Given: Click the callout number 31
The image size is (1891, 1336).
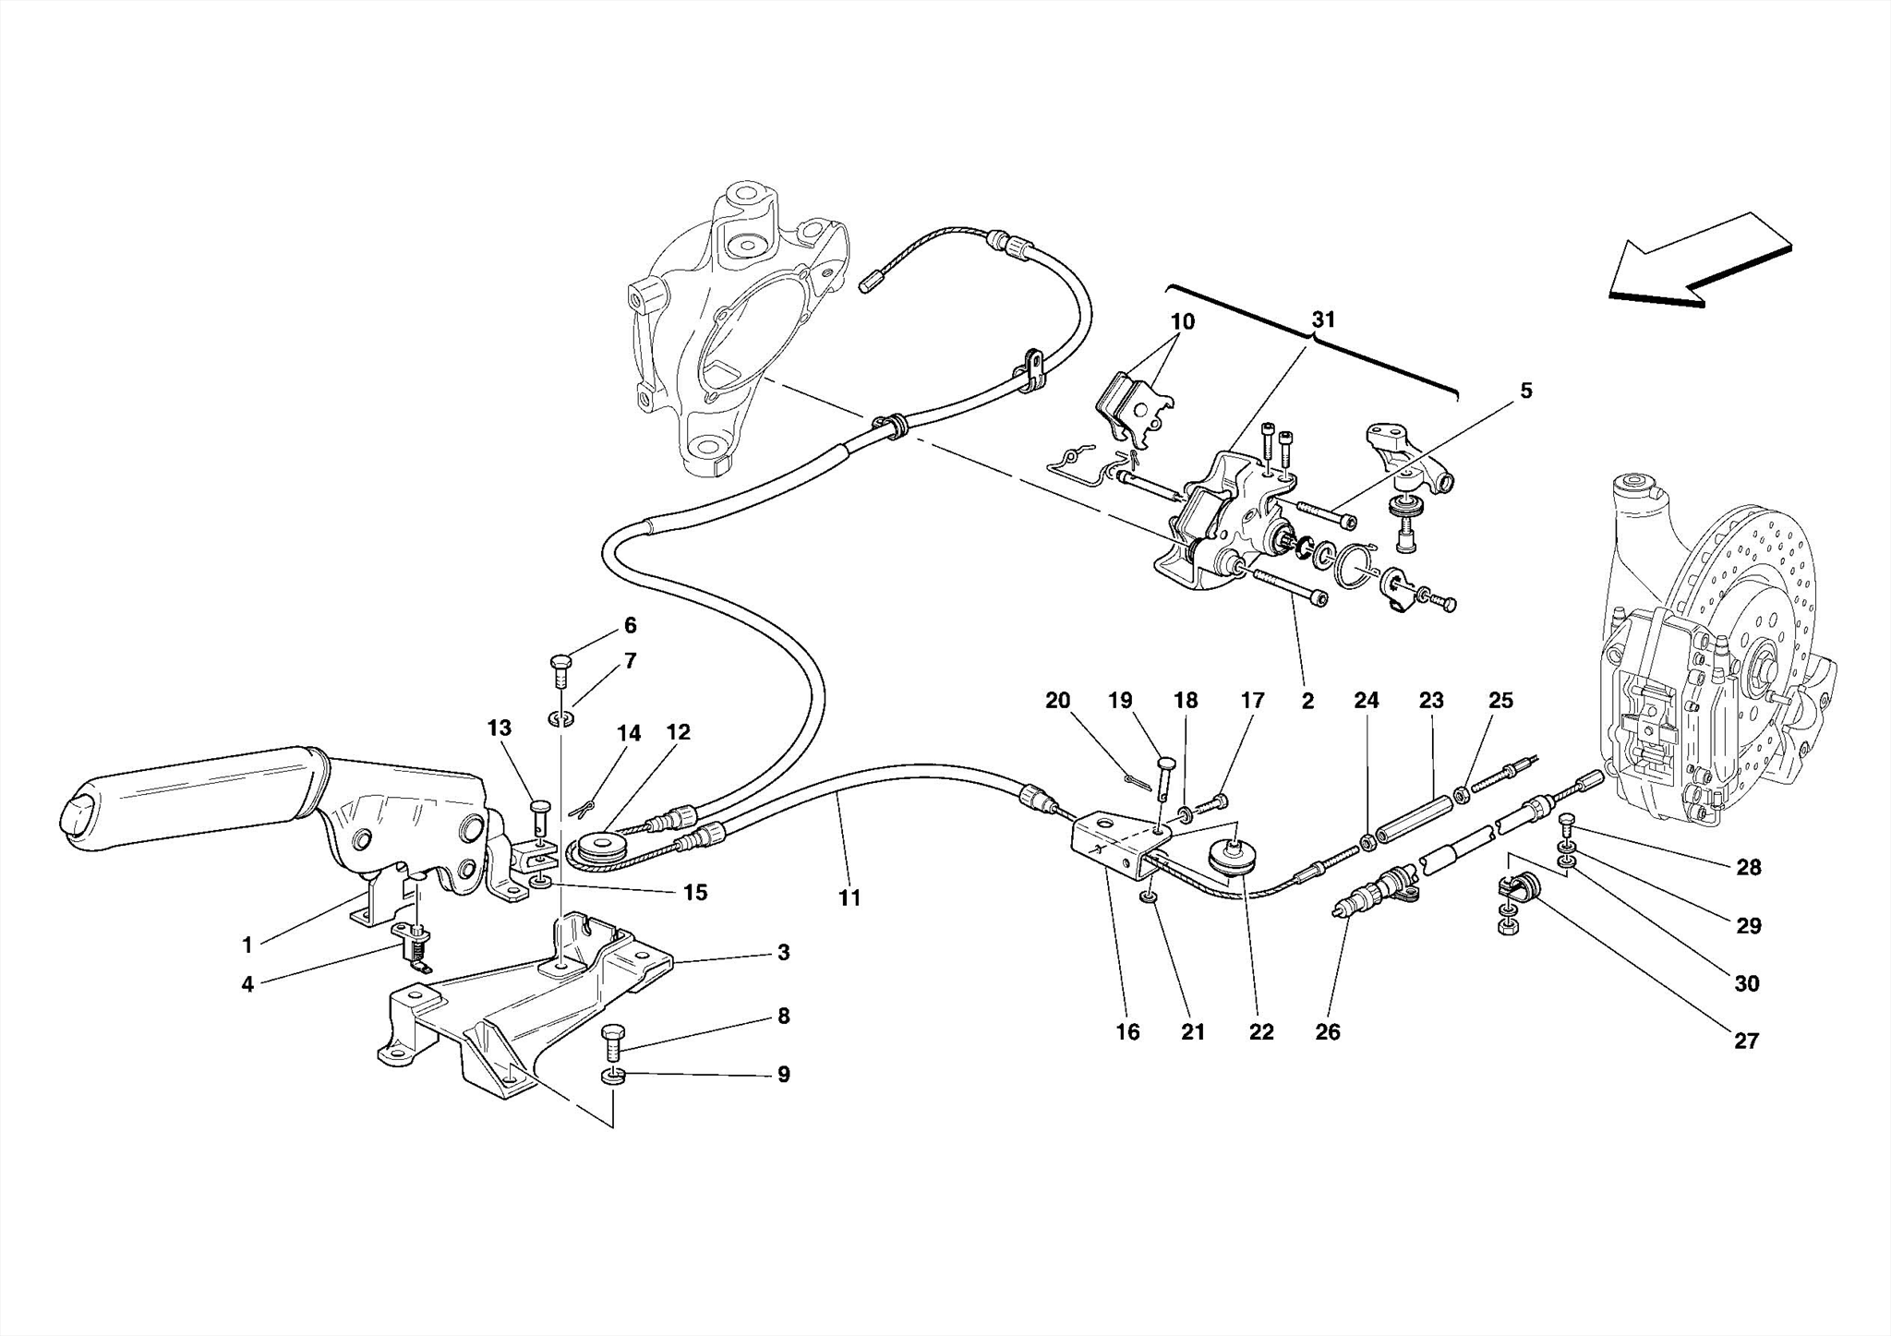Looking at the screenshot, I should click(1323, 319).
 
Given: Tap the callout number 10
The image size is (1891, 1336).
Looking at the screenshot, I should click(1182, 321).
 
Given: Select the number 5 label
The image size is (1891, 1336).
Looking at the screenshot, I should click(1526, 391).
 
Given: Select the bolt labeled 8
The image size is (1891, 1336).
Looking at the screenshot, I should click(613, 1043).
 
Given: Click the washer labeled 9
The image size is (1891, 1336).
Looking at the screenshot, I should click(612, 1076).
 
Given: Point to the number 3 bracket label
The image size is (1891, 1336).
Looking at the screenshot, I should click(783, 952).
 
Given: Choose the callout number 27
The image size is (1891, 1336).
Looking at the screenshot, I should click(1746, 1041).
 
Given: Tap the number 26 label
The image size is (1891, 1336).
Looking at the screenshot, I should click(1327, 1031).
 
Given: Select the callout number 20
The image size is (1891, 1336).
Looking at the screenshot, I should click(1057, 701).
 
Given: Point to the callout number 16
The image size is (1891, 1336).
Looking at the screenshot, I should click(1127, 1031).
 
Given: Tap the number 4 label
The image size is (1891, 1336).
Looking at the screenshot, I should click(247, 984).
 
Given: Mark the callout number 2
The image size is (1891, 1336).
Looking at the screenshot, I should click(1307, 701).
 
